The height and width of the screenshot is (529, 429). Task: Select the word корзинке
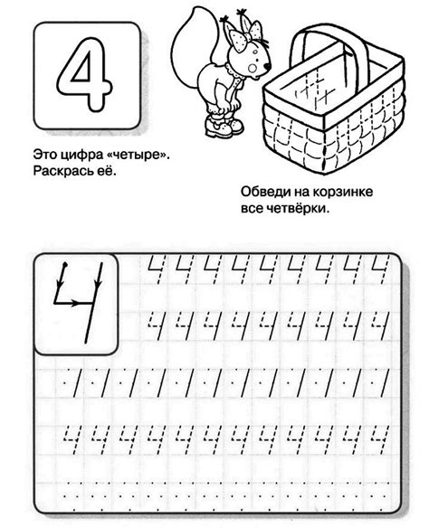[344, 191]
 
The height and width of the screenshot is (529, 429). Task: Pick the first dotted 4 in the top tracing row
[154, 267]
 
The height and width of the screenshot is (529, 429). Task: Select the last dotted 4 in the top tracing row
[382, 267]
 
